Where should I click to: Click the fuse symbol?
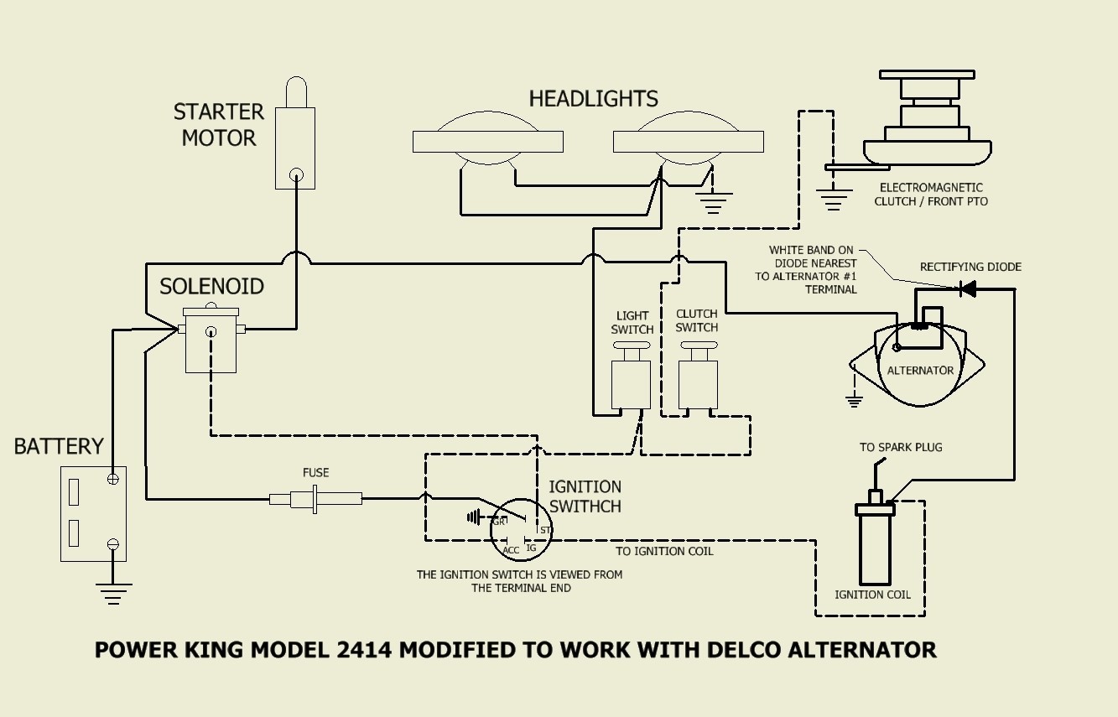pos(315,498)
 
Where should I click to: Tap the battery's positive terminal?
pos(113,479)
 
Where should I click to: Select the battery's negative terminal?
pos(113,544)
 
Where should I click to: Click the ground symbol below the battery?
pos(113,594)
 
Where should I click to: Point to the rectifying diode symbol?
pos(968,288)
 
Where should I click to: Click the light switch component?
pos(631,376)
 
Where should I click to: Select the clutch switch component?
pos(699,376)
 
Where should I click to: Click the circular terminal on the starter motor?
pos(296,174)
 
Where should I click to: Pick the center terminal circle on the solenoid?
pos(211,330)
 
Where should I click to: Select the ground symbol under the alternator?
pos(854,401)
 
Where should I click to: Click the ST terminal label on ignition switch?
pos(545,530)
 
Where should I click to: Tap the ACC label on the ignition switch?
pos(511,550)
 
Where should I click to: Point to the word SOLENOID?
pos(211,287)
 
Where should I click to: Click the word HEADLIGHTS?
pos(594,99)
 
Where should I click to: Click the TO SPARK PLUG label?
pos(901,447)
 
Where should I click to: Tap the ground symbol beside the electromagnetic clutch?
pos(834,200)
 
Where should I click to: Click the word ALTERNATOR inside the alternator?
pos(920,370)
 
